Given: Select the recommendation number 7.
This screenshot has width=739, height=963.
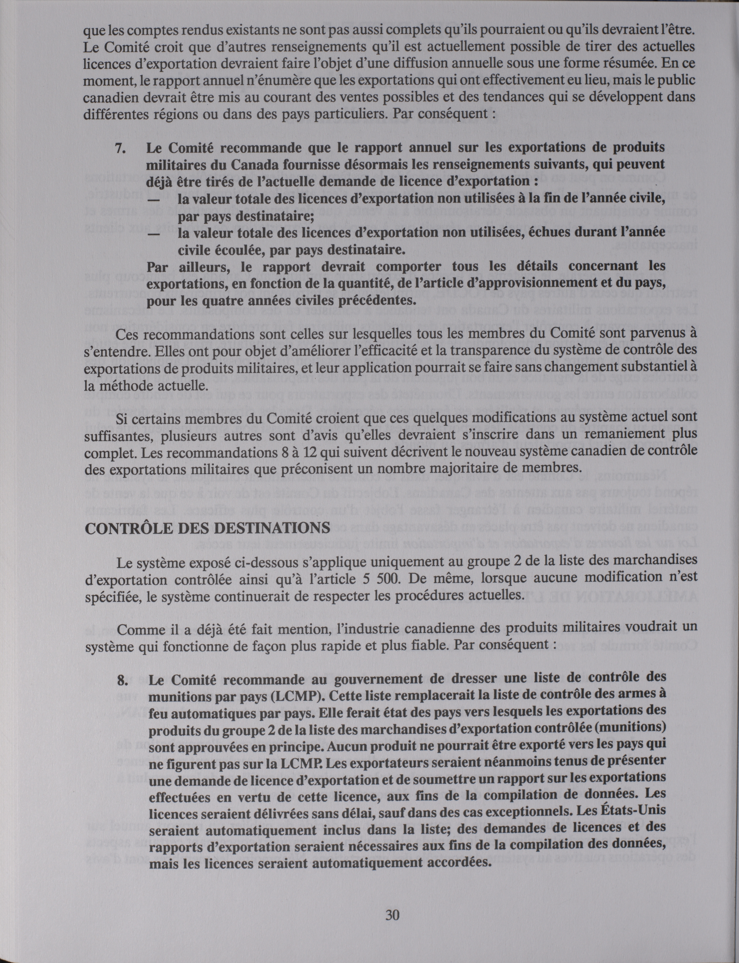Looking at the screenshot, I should (x=120, y=148).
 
